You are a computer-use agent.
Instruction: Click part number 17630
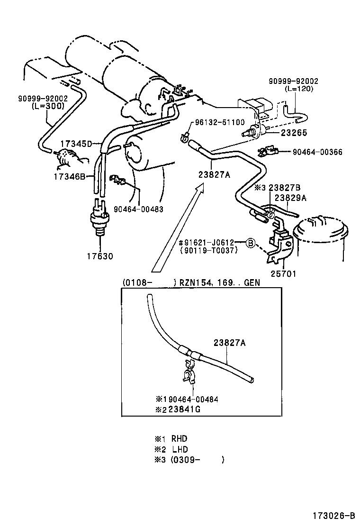pyautogui.click(x=100, y=256)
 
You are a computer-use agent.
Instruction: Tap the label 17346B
pyautogui.click(x=69, y=177)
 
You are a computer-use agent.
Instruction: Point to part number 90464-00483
pyautogui.click(x=138, y=209)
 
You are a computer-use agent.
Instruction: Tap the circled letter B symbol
pyautogui.click(x=251, y=243)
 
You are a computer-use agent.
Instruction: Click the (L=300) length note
pyautogui.click(x=48, y=106)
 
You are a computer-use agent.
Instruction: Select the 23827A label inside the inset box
pyautogui.click(x=229, y=343)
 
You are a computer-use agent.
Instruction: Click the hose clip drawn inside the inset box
pyautogui.click(x=189, y=370)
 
